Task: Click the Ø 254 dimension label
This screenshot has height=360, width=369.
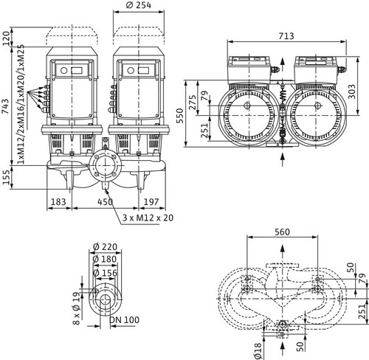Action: tap(139, 5)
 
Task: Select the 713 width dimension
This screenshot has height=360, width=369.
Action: tap(286, 36)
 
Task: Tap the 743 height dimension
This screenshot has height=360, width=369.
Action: tap(5, 106)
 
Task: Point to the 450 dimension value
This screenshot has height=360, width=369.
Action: tap(105, 202)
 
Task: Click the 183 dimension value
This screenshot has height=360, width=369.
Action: tap(58, 202)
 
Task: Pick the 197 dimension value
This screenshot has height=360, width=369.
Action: tap(151, 202)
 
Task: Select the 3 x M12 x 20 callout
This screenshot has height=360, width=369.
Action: tap(148, 218)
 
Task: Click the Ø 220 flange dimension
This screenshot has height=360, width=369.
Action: tap(106, 246)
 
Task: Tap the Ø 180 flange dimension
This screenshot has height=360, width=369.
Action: tap(105, 259)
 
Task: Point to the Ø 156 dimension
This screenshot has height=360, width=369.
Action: tap(106, 273)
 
